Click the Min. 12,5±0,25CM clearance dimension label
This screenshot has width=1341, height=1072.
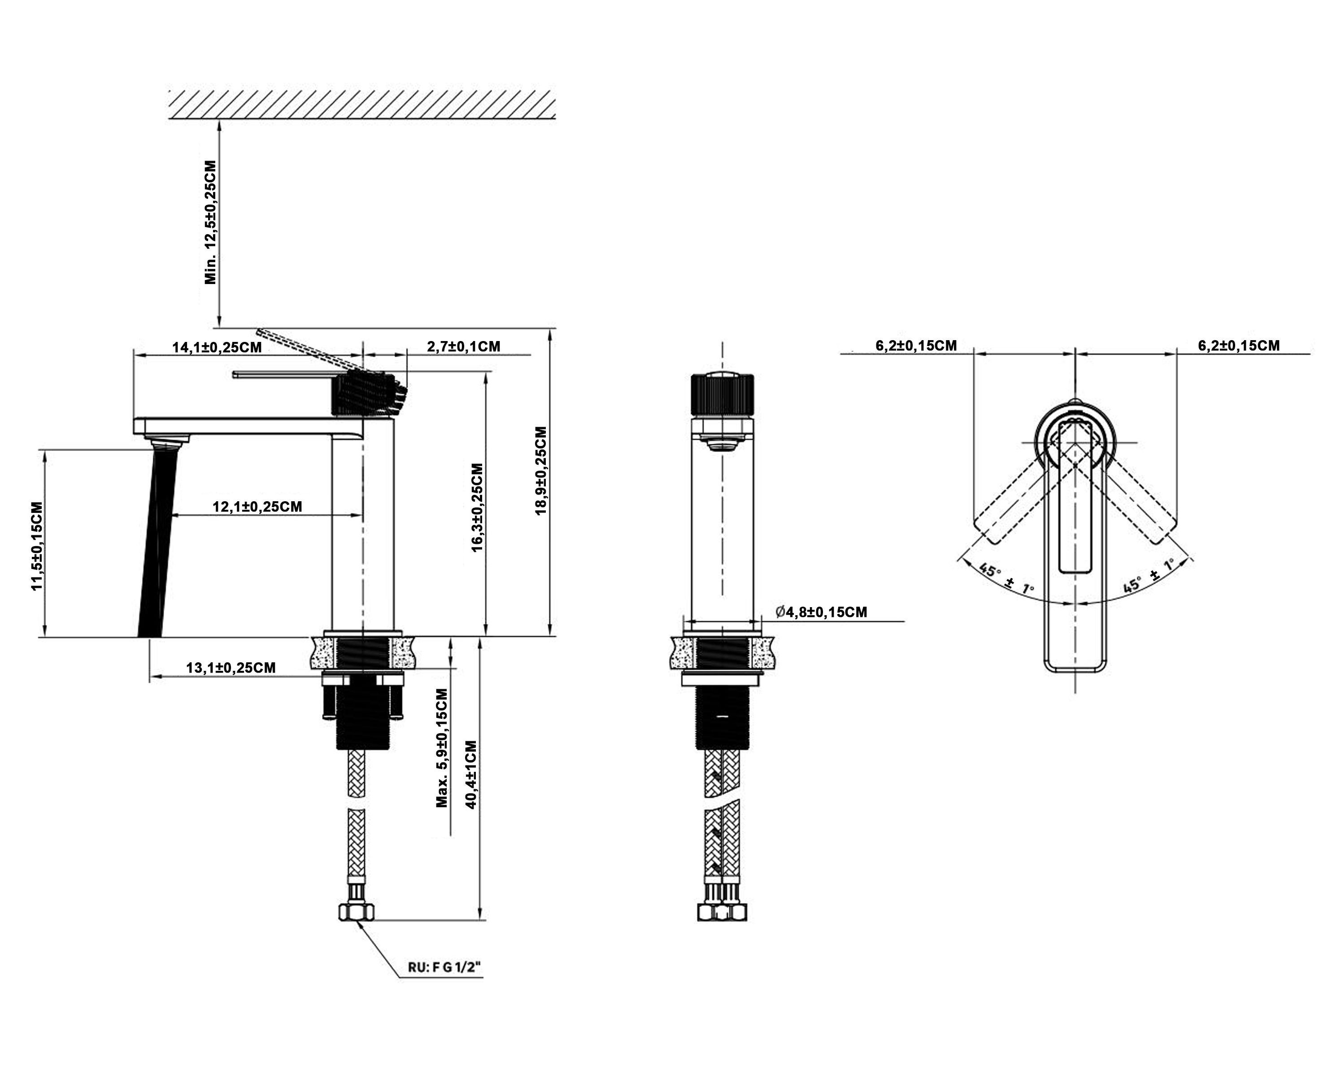pos(212,222)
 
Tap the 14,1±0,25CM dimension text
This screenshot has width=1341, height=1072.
pos(217,347)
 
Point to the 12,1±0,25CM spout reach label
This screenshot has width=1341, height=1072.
pos(257,507)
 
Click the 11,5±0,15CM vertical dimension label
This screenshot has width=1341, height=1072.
pos(38,546)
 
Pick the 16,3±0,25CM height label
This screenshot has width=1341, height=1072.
pos(478,507)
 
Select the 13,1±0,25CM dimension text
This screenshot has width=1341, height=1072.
pos(231,668)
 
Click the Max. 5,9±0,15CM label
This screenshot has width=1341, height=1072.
pos(442,747)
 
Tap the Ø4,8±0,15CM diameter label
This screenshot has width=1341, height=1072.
pos(821,612)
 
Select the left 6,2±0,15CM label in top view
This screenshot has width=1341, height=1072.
pos(916,346)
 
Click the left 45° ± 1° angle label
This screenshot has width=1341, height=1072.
pos(1007,578)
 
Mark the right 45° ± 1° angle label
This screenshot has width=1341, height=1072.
pos(1148,576)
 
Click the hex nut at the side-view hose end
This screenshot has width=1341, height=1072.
pos(357,913)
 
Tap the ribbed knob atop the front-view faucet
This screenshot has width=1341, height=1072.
pos(723,394)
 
